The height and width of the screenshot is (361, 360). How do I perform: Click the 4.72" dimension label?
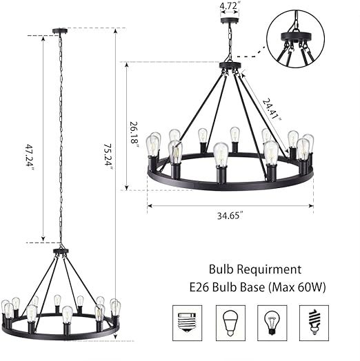pyautogui.click(x=228, y=6)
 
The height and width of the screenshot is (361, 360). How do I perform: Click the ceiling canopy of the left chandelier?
pyautogui.click(x=61, y=30)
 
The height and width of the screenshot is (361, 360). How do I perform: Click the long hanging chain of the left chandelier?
pyautogui.click(x=61, y=138)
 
